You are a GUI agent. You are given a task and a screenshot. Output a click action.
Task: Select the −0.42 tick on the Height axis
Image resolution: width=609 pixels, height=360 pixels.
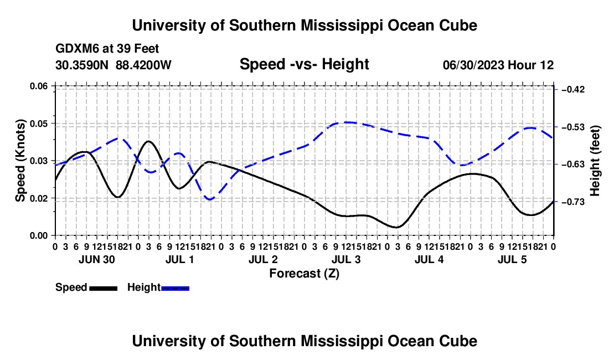pos(573,90)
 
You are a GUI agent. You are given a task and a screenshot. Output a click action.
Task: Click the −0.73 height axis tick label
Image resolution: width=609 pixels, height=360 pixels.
pos(573,202)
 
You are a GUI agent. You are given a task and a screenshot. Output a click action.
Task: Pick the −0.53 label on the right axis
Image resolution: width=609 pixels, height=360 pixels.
pos(573,127)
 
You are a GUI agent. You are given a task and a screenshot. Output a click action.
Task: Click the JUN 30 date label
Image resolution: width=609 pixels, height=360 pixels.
pos(97,259)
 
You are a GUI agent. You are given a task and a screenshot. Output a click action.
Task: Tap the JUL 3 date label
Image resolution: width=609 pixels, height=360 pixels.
pos(346,259)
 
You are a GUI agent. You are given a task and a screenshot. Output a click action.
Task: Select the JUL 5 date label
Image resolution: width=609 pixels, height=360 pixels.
pos(512,259)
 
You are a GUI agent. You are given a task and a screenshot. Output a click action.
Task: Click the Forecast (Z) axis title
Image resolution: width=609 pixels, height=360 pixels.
pos(304,274)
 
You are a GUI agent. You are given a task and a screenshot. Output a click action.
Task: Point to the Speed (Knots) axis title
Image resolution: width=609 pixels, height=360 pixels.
pos(20,161)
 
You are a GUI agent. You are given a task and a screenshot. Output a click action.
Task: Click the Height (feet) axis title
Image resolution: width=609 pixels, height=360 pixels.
pos(595,161)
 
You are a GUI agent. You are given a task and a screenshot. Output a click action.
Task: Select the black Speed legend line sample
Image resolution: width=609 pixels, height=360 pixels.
pos(104,288)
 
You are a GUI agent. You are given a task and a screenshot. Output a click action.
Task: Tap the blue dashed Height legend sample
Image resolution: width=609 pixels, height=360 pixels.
pos(175,288)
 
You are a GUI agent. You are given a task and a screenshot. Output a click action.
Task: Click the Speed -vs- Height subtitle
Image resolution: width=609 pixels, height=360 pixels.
pos(304,64)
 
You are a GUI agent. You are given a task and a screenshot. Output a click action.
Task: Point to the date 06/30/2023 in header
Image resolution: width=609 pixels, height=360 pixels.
pos(474,65)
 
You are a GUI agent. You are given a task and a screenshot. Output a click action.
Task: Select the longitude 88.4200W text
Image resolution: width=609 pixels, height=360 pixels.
pos(143,65)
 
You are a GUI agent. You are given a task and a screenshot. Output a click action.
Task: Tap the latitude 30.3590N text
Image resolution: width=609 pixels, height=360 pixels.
pos(82,65)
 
